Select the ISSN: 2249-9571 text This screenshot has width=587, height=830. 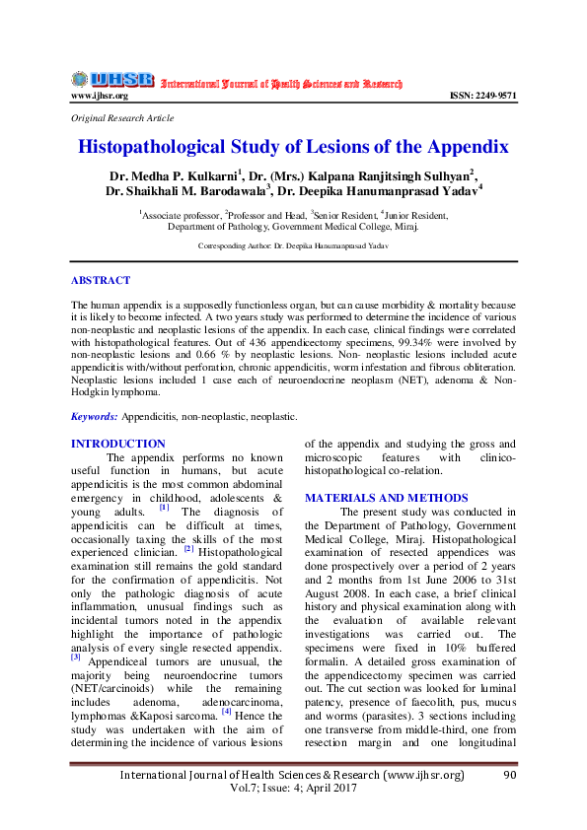point(483,96)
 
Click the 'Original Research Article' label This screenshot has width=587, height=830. point(122,117)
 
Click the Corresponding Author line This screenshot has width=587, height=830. point(294,244)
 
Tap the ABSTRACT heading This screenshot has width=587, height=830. point(102,281)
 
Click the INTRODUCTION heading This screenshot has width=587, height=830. point(118,444)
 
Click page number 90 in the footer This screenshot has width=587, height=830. point(509,776)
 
